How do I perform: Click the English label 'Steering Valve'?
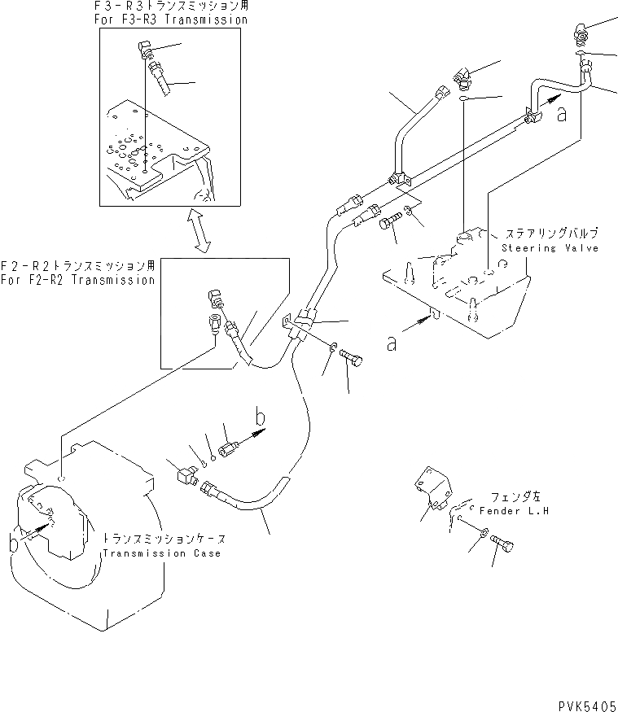550,247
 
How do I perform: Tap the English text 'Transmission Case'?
161,553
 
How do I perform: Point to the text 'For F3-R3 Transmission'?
170,19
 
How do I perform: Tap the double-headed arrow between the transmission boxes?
199,231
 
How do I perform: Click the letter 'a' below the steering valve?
392,344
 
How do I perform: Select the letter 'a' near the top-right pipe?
561,114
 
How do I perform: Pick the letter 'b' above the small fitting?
261,419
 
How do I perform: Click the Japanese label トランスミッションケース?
163,539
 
